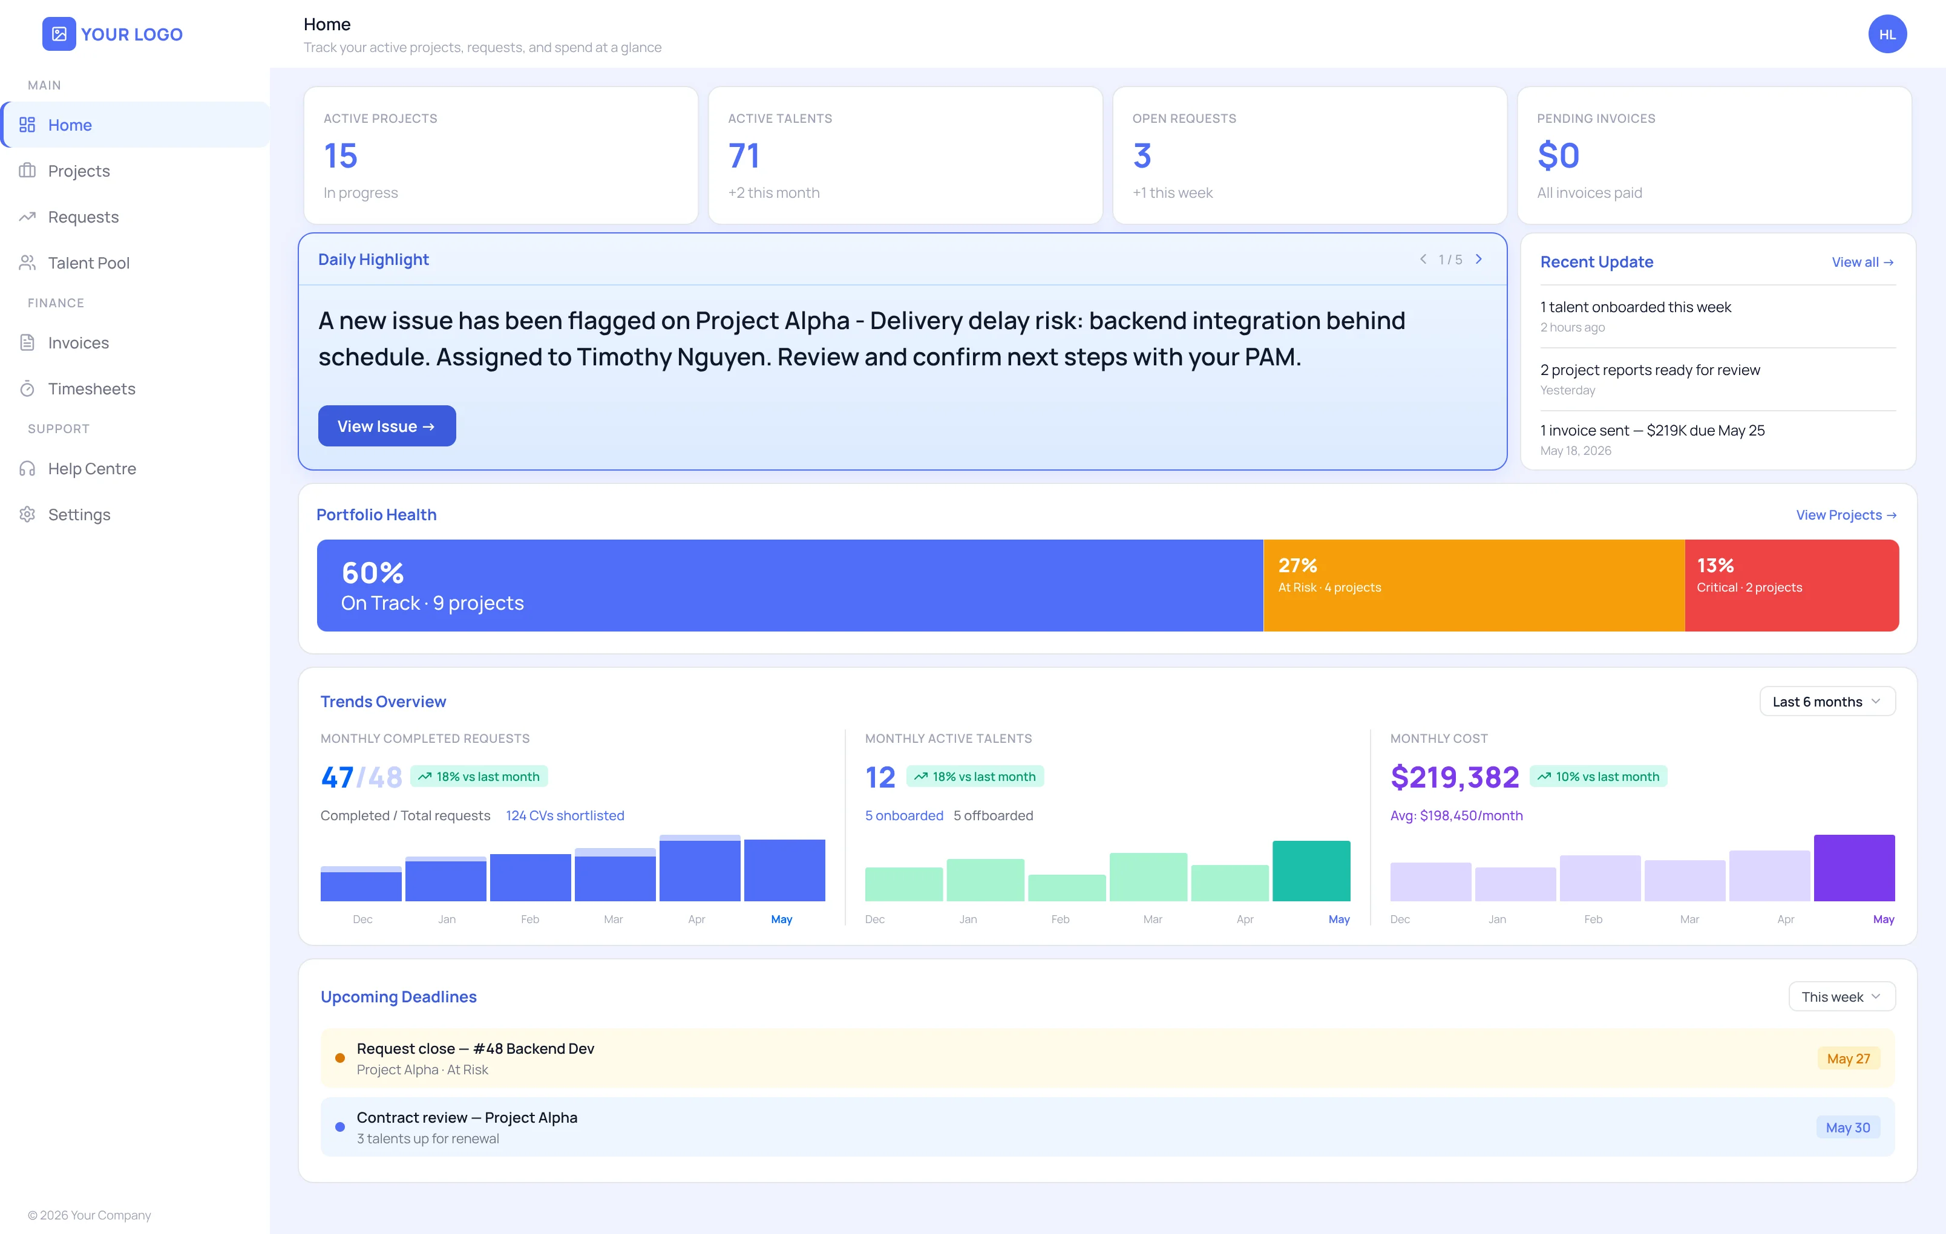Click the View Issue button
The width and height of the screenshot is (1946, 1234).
pyautogui.click(x=386, y=426)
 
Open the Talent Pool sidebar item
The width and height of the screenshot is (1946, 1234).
pyautogui.click(x=89, y=263)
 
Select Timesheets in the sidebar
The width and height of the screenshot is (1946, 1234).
pyautogui.click(x=91, y=389)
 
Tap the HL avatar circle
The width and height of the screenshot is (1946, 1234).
pyautogui.click(x=1887, y=34)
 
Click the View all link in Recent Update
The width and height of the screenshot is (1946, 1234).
pyautogui.click(x=1862, y=262)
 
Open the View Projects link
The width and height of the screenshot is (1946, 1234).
pyautogui.click(x=1846, y=515)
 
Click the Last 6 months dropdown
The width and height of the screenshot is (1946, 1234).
pyautogui.click(x=1826, y=702)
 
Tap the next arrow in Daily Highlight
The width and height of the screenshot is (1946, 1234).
pyautogui.click(x=1478, y=260)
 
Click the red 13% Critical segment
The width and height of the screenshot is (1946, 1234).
pyautogui.click(x=1792, y=585)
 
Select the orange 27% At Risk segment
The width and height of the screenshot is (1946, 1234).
pyautogui.click(x=1473, y=585)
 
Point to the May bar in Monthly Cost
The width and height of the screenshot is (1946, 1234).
pyautogui.click(x=1854, y=868)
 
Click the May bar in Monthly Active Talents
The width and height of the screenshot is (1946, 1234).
pyautogui.click(x=1311, y=871)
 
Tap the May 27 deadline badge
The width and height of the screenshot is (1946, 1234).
pyautogui.click(x=1848, y=1059)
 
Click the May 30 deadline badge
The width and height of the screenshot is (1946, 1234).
pyautogui.click(x=1847, y=1128)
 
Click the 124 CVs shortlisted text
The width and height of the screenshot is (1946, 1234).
pyautogui.click(x=565, y=815)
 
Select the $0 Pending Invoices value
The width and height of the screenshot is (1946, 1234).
pyautogui.click(x=1558, y=155)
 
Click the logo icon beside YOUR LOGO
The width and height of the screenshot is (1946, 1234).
pyautogui.click(x=59, y=34)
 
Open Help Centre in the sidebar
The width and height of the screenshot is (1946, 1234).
pyautogui.click(x=91, y=469)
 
